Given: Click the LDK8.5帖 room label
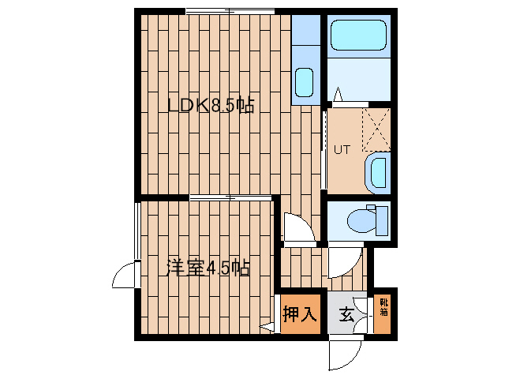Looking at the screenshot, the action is coord(211,105).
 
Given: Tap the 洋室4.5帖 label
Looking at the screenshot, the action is coord(208,268).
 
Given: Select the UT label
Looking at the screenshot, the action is coord(342,150).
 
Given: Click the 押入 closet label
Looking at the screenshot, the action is coord(300,314).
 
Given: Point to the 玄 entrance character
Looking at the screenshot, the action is coord(347,315).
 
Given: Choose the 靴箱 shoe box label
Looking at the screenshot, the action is coord(383,307).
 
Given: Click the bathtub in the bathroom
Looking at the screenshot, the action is coord(358,35).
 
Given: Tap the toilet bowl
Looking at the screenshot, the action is coord(361,221).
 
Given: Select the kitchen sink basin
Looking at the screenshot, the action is coord(305,82).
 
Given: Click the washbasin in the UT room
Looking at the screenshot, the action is coord(378,173).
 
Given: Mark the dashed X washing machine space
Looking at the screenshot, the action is coord(376,129).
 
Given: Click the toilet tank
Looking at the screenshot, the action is coord(382,221).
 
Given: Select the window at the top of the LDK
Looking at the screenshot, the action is coord(230,11).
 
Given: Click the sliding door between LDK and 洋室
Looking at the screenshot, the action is coord(230,197).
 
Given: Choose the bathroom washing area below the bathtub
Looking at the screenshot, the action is coord(359,79).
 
